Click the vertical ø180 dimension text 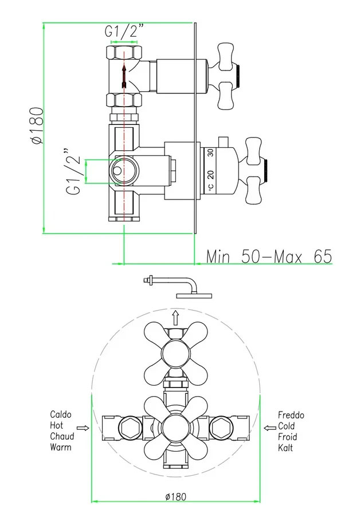pyautogui.click(x=36, y=126)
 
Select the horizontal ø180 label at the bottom pyautogui.click(x=175, y=496)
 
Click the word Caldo pyautogui.click(x=61, y=414)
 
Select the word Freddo pyautogui.click(x=291, y=414)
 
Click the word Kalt pyautogui.click(x=285, y=448)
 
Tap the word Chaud pyautogui.click(x=62, y=436)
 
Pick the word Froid pyautogui.click(x=287, y=437)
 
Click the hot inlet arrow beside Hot pyautogui.click(x=84, y=428)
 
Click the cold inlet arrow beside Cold pyautogui.click(x=268, y=428)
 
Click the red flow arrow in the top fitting pyautogui.click(x=123, y=76)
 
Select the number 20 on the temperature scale pyautogui.click(x=210, y=174)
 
